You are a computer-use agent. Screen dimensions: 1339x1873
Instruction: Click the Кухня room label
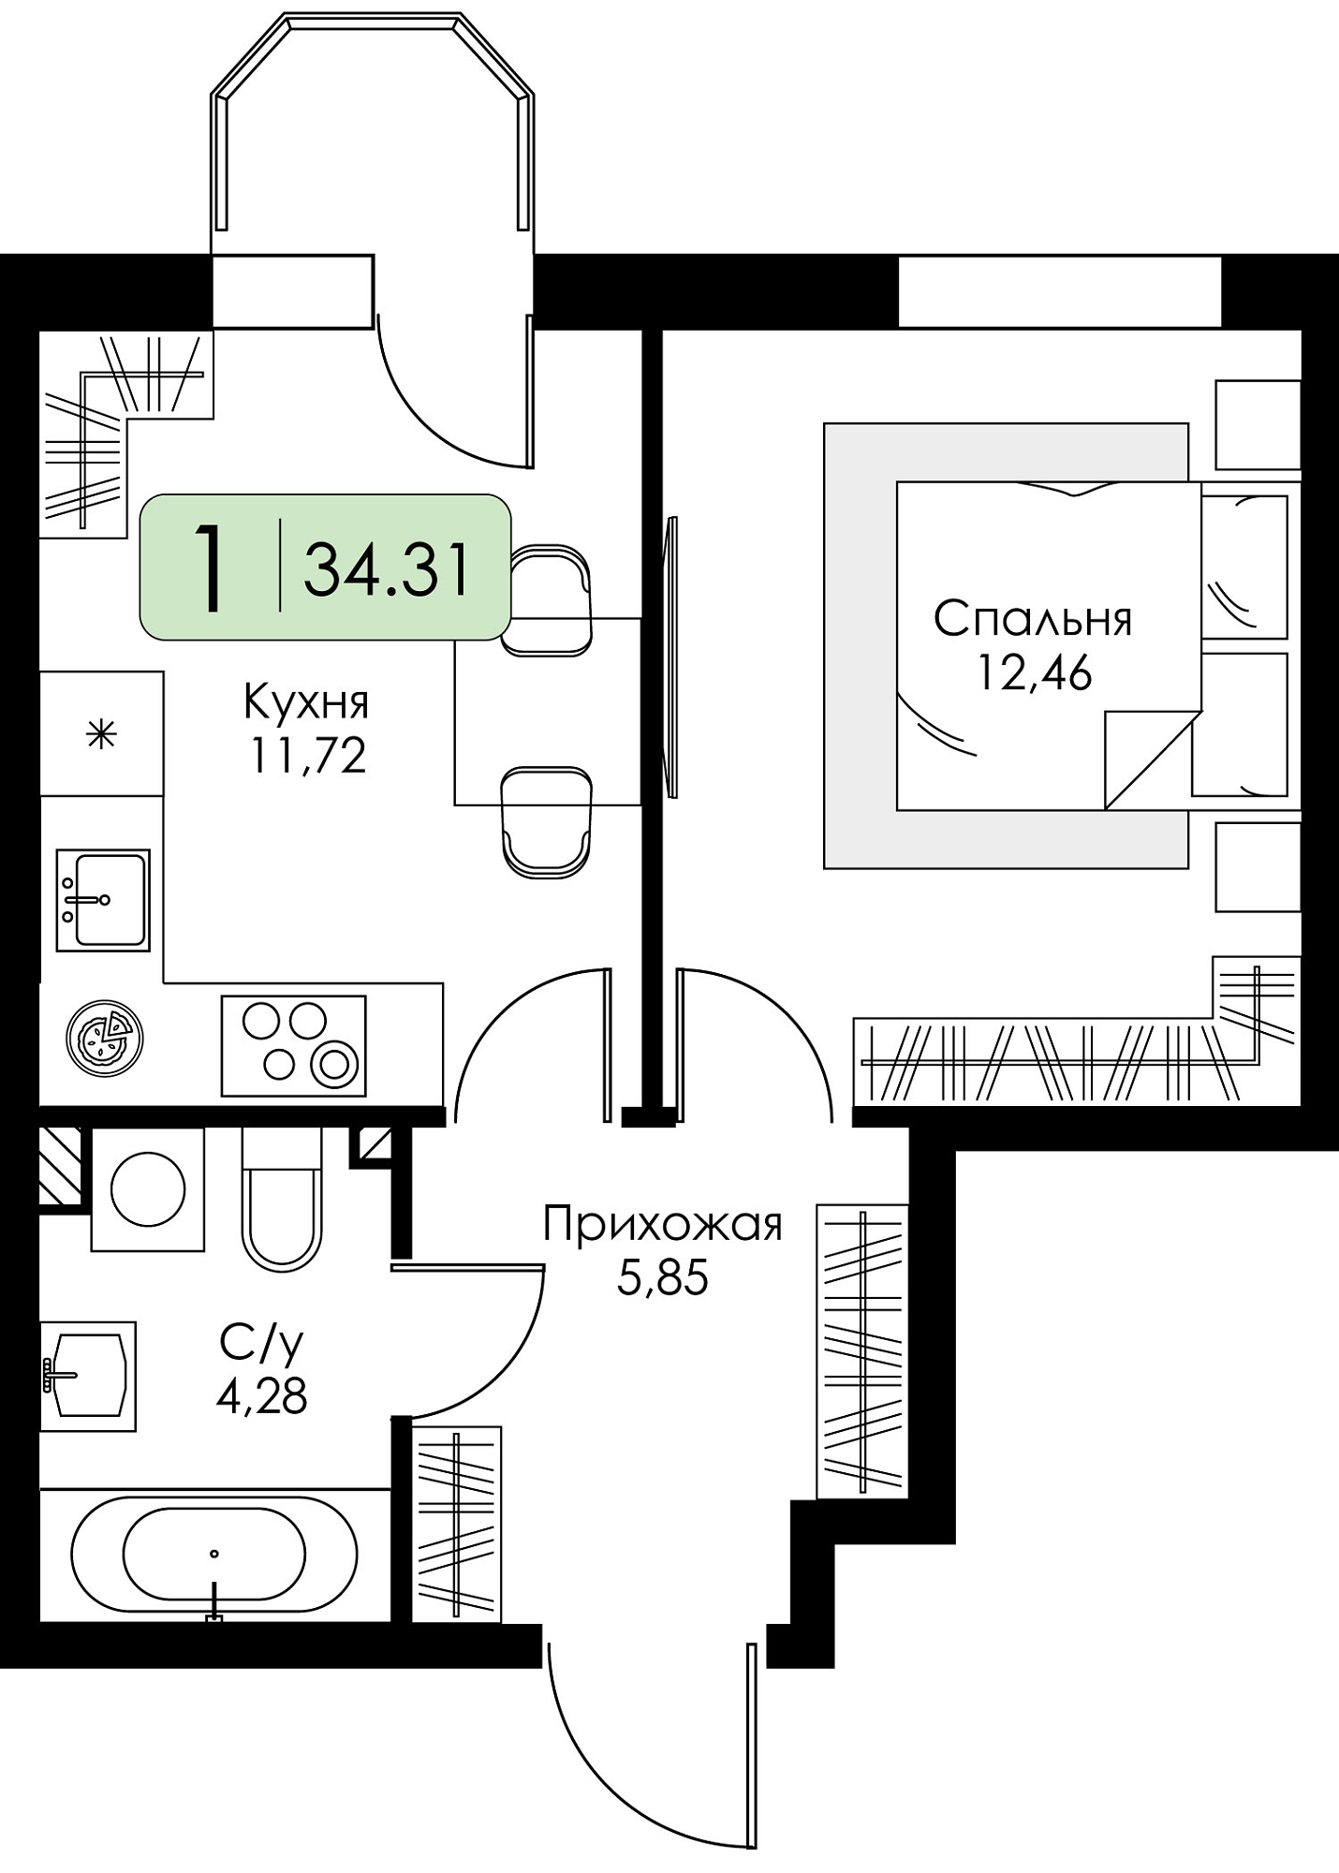[306, 702]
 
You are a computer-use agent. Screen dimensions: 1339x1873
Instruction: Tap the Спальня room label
[1033, 619]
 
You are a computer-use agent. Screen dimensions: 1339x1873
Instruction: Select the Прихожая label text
[663, 1225]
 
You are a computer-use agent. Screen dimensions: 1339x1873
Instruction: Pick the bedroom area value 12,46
[1035, 672]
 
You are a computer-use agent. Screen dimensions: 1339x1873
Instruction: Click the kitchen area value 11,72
[307, 756]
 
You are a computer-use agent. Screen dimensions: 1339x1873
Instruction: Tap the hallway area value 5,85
[663, 1277]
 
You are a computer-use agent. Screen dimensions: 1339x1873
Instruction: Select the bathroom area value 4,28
[261, 1397]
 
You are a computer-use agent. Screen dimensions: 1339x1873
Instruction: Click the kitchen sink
[103, 900]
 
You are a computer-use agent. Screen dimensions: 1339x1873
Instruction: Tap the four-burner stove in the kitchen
[293, 1045]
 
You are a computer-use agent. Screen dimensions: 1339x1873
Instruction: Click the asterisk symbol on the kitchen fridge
[101, 734]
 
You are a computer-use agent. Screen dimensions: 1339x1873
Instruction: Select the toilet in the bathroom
[282, 1199]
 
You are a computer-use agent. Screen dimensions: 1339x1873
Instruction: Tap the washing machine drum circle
[148, 1189]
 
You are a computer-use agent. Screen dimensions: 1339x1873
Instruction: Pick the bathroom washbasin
[88, 1376]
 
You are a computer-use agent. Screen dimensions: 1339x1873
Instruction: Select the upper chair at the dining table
[546, 599]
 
